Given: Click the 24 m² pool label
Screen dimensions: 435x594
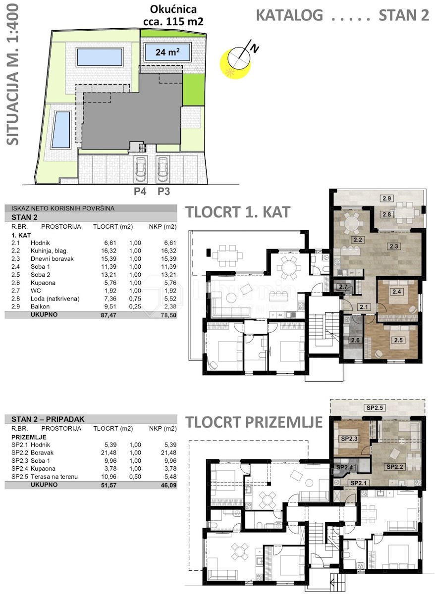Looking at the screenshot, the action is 167,52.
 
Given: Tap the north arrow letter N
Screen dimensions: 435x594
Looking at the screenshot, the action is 255,49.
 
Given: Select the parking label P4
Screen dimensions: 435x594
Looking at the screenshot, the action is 140,191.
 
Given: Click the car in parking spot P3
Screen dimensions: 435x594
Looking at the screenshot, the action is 163,169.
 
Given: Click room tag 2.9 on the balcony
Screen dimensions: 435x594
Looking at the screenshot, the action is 386,198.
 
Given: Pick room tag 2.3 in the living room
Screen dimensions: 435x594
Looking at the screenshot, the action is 394,246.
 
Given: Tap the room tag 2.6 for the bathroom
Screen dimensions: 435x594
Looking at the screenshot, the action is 355,340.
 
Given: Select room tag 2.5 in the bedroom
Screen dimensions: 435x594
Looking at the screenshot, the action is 398,340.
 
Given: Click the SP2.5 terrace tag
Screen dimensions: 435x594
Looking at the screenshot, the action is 375,408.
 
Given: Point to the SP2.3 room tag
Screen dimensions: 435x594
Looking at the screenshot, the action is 349,439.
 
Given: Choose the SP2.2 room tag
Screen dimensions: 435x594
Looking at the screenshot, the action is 395,467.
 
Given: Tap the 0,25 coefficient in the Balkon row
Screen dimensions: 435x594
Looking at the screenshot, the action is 135,306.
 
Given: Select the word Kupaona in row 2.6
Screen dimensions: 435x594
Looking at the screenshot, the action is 43,283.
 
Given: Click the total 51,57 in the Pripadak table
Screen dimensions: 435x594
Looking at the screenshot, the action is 109,485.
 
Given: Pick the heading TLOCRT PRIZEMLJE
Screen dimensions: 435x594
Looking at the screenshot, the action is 254,422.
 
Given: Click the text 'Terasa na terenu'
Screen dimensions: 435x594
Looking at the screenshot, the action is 54,477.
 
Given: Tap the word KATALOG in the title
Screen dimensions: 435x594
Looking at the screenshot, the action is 289,15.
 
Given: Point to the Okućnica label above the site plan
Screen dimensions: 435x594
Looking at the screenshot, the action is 173,9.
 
